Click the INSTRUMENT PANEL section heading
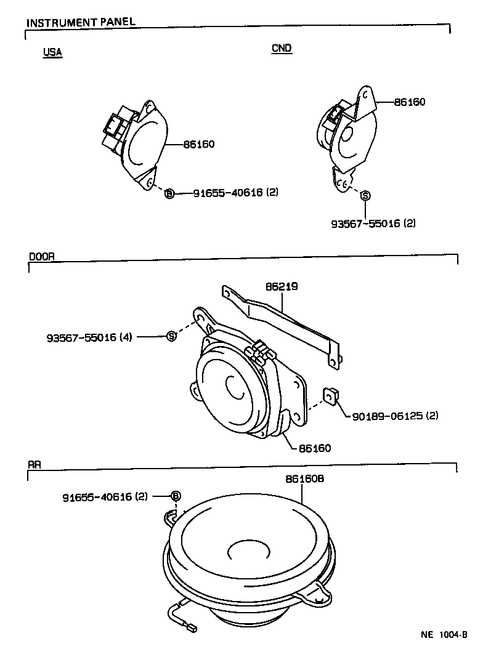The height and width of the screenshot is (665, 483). [x=81, y=22]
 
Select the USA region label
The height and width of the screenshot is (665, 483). [x=52, y=52]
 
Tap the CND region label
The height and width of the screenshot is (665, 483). [x=282, y=49]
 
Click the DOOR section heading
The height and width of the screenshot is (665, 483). [x=43, y=257]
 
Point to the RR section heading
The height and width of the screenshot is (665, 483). [x=34, y=465]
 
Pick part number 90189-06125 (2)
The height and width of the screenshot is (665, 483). [x=395, y=416]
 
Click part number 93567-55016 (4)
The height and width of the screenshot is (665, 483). [x=89, y=337]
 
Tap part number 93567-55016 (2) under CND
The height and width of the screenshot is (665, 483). [x=373, y=224]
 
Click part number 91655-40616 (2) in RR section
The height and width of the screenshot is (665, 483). [x=105, y=496]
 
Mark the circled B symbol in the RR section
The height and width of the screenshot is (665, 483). [x=176, y=496]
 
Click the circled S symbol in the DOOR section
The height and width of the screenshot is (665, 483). [x=172, y=336]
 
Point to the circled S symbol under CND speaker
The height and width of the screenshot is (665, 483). [x=365, y=195]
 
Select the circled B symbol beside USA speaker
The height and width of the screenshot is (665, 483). [x=169, y=193]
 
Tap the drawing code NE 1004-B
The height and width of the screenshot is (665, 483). [x=444, y=634]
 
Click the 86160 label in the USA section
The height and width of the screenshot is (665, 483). [x=198, y=145]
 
